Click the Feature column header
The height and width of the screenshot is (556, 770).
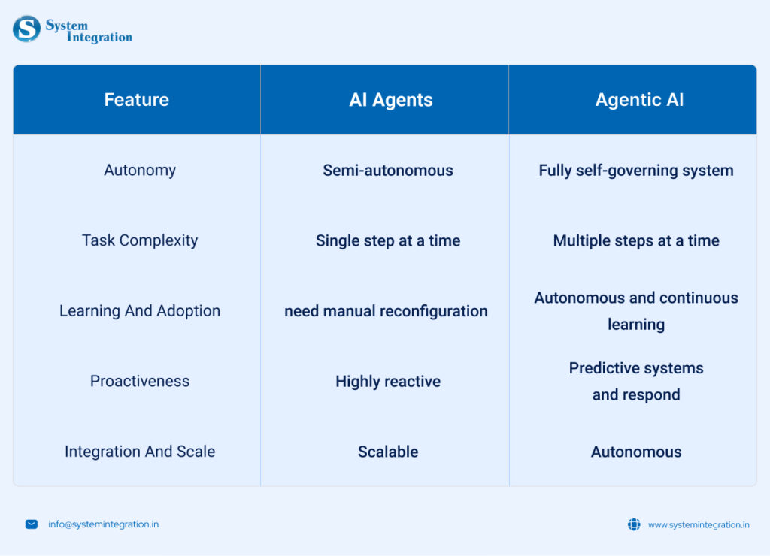click(x=137, y=100)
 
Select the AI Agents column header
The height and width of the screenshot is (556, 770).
click(x=391, y=100)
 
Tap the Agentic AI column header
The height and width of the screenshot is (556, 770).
click(x=639, y=100)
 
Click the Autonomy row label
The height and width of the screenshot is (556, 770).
click(x=140, y=171)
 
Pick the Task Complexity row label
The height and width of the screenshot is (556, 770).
click(x=140, y=240)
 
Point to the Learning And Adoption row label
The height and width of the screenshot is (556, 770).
click(x=140, y=310)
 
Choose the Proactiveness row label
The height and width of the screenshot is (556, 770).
click(x=140, y=381)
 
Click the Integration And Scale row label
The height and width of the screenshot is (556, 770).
click(x=140, y=452)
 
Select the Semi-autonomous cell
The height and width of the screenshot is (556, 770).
click(x=388, y=171)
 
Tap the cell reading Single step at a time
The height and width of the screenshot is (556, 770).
click(x=388, y=240)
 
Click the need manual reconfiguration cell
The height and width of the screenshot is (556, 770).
click(x=386, y=311)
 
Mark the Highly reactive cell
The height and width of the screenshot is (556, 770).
click(x=388, y=381)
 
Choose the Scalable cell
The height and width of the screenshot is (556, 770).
click(x=388, y=452)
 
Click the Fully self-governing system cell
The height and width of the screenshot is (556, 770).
click(x=636, y=171)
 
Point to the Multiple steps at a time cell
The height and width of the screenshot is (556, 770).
click(x=636, y=240)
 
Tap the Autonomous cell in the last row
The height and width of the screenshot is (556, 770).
click(x=636, y=452)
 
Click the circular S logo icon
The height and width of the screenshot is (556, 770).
click(x=26, y=29)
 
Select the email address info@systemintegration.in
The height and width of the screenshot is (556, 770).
click(x=103, y=524)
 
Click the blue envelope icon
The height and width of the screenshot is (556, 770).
click(x=32, y=524)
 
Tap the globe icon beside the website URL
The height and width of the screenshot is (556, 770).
click(x=634, y=524)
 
